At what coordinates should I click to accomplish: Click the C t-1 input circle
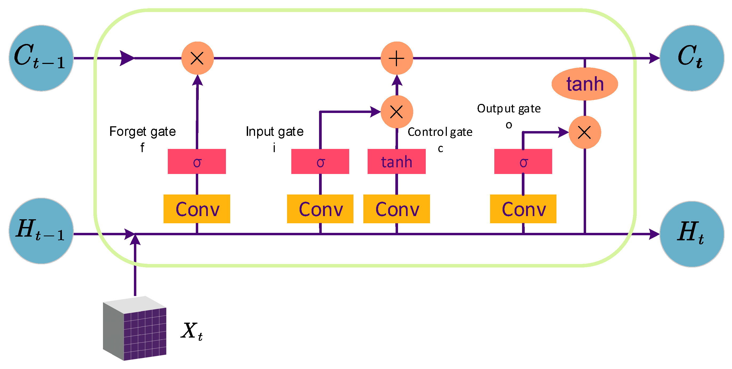pos(41,58)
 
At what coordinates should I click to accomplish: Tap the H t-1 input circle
pos(41,231)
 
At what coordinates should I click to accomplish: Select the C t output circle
pos(691,58)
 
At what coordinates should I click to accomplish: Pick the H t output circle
pos(691,234)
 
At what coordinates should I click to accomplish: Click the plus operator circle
pos(397,58)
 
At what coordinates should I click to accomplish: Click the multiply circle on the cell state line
pos(197,58)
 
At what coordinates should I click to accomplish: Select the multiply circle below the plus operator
pos(397,112)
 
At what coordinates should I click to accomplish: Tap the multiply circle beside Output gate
pos(584,132)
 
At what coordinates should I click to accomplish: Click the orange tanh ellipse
pos(584,84)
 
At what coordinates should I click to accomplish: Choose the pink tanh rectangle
pos(396,161)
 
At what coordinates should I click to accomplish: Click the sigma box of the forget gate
pos(197,161)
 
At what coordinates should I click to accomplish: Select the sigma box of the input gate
pos(320,161)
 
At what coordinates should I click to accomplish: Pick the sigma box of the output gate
pos(523,161)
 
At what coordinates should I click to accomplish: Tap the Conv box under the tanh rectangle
pos(396,209)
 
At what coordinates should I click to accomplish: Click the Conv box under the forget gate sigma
pos(197,209)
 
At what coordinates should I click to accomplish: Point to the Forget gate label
pos(142,132)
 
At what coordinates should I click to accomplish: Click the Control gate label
pos(440,132)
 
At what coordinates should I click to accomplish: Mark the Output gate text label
pos(509,109)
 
